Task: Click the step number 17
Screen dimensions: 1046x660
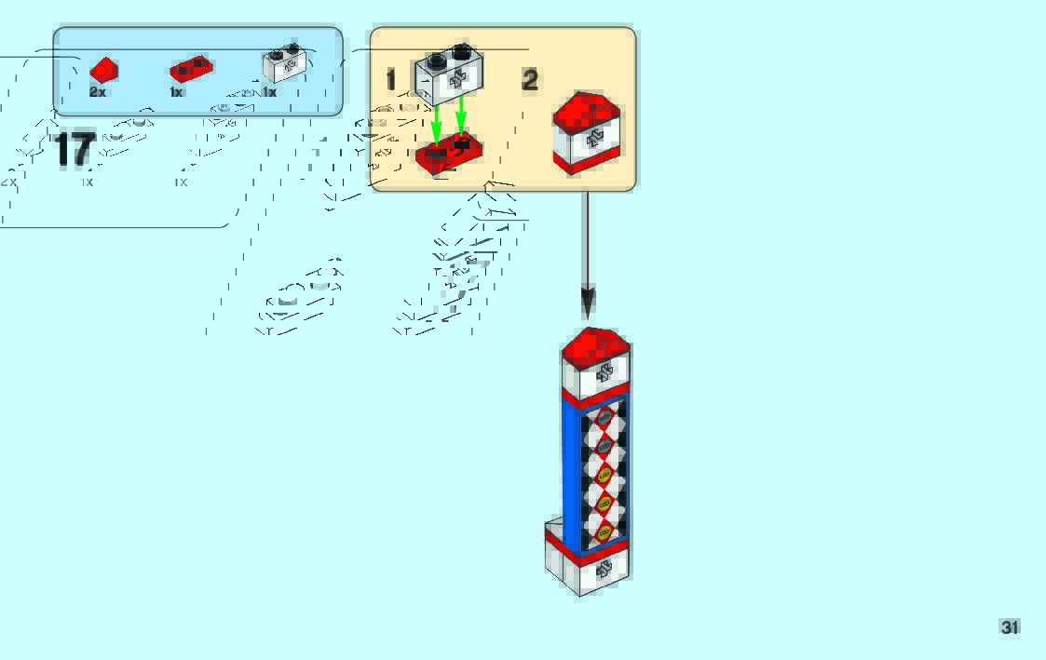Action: (x=75, y=150)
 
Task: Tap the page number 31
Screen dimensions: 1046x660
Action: (x=1010, y=627)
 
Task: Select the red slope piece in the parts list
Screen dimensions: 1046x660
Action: (x=103, y=69)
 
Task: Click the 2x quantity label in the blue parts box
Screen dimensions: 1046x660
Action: (x=98, y=92)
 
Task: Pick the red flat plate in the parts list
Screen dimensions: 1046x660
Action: (x=191, y=69)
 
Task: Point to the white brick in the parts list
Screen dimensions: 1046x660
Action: (x=284, y=63)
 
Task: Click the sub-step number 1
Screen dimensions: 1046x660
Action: (x=391, y=81)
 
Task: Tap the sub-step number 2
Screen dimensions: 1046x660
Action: (x=530, y=81)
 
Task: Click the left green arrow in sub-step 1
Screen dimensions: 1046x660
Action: (x=436, y=122)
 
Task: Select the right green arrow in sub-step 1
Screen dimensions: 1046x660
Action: (x=460, y=118)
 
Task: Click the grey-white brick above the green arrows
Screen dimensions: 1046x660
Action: (x=450, y=74)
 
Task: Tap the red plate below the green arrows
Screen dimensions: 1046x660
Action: (x=449, y=154)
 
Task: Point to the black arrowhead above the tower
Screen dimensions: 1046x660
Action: (x=587, y=303)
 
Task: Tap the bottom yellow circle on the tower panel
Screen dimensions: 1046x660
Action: (x=604, y=532)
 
